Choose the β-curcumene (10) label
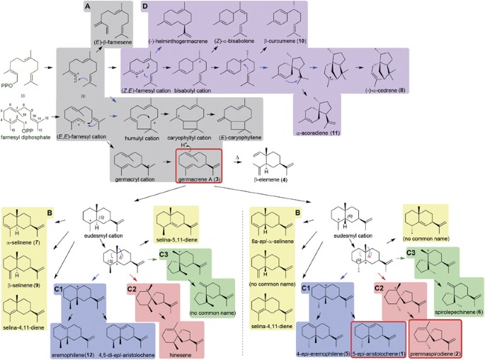283,42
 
